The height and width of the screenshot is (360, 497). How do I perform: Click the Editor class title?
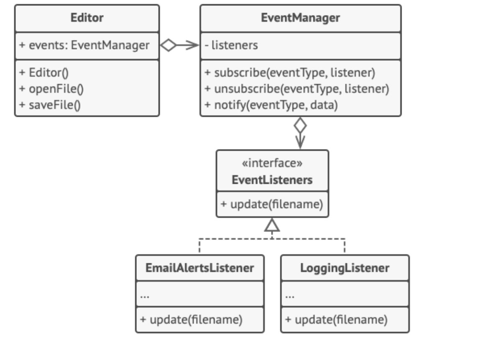pos(87,18)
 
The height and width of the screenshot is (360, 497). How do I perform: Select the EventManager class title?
pos(300,18)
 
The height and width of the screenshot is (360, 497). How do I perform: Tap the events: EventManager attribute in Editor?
pos(85,45)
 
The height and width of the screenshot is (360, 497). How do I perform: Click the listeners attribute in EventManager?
pos(231,45)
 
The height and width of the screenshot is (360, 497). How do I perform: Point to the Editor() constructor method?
pos(44,73)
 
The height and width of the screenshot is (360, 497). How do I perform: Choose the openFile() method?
pos(51,89)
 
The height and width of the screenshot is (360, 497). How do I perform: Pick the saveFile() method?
pos(50,105)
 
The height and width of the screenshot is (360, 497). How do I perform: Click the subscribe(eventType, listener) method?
pos(290,73)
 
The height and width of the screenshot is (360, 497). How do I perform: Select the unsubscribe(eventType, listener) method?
pos(297,89)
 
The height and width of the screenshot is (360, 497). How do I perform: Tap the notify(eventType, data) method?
pos(272,105)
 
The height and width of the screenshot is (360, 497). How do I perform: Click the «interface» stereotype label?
pos(272,163)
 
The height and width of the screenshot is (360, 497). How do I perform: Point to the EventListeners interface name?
pos(272,180)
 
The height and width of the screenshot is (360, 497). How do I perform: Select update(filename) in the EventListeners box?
pos(272,204)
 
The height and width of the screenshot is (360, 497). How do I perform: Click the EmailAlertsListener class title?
pos(200,268)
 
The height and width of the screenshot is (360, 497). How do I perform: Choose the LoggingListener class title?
pos(345,268)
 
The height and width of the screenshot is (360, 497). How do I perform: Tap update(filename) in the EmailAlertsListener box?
pos(192,320)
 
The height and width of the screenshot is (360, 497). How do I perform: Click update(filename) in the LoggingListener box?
pos(337,320)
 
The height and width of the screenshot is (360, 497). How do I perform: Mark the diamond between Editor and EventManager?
pos(168,45)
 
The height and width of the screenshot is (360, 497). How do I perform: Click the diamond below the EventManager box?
pos(300,126)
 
